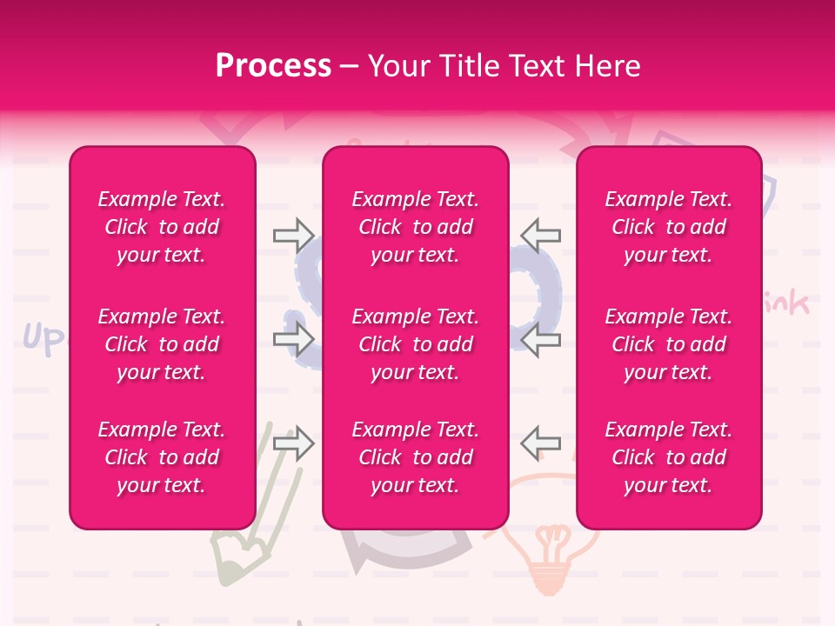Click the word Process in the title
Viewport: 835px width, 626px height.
point(273,65)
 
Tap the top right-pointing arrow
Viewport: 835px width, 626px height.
point(294,234)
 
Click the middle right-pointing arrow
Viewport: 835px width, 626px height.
point(294,340)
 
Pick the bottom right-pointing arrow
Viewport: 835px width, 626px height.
point(294,443)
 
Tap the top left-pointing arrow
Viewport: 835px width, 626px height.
point(540,234)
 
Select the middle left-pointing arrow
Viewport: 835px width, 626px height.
point(540,340)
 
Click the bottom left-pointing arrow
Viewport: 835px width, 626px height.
point(540,443)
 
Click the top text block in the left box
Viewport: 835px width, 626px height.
point(162,227)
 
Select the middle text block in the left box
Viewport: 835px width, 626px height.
point(162,344)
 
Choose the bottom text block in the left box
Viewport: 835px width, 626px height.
point(162,457)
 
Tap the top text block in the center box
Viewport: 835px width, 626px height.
point(415,227)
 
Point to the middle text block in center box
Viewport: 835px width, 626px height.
point(415,344)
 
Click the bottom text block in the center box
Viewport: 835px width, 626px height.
point(415,457)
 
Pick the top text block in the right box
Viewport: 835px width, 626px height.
point(668,227)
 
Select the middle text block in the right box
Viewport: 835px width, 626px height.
point(668,344)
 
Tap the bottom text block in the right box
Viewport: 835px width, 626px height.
point(668,457)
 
